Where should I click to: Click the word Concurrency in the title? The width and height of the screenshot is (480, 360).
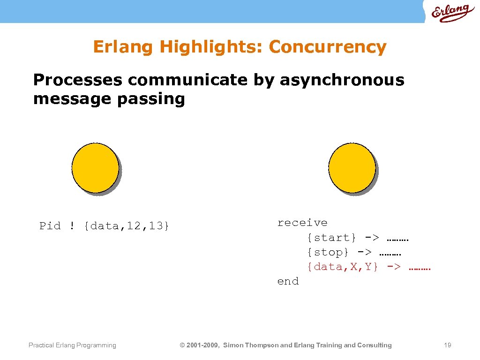(x=328, y=47)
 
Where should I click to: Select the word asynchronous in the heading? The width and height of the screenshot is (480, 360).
(x=342, y=80)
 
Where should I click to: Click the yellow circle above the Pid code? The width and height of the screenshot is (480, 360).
(x=95, y=168)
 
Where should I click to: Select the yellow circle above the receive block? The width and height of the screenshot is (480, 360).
(x=352, y=168)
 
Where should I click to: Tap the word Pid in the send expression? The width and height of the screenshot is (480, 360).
(x=50, y=226)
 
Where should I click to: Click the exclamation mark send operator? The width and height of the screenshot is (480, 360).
(x=72, y=226)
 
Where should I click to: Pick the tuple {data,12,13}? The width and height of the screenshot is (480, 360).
(x=126, y=226)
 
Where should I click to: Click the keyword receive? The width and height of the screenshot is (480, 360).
(x=302, y=223)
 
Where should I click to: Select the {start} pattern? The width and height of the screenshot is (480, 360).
(x=331, y=238)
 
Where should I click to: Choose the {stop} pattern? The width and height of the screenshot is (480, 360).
(x=328, y=252)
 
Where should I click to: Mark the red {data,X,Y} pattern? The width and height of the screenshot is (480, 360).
(x=342, y=267)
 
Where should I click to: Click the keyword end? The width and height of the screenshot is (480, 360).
(x=288, y=281)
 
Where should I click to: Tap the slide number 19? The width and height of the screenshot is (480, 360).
(x=447, y=345)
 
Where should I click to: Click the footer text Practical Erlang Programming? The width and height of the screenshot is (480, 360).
(x=72, y=345)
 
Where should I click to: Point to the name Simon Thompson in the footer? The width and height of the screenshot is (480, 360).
(x=250, y=345)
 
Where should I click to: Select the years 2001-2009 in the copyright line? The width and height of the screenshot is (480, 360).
(x=202, y=345)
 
